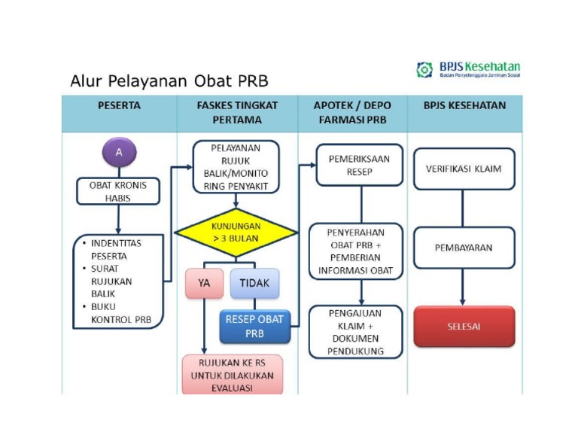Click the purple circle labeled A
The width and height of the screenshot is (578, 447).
tap(118, 153)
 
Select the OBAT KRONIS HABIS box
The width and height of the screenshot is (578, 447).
tap(118, 191)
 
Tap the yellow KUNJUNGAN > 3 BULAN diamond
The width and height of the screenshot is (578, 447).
tap(236, 232)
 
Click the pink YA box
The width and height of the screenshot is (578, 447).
tap(204, 284)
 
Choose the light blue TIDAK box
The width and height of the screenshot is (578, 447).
tap(254, 284)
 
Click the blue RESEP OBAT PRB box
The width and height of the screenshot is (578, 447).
tap(254, 326)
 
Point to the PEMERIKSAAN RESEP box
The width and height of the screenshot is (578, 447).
tap(359, 165)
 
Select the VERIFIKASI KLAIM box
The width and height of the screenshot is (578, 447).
tap(464, 169)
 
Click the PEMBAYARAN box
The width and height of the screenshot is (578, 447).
tap(464, 248)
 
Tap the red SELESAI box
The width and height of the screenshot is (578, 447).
tap(464, 327)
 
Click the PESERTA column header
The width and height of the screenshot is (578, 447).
tap(119, 106)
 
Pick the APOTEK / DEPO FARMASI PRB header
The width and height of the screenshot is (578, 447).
tap(352, 113)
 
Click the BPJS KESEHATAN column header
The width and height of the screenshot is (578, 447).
tap(464, 106)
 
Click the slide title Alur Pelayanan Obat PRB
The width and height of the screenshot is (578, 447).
tap(169, 81)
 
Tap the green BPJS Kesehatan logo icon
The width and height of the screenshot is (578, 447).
tap(424, 70)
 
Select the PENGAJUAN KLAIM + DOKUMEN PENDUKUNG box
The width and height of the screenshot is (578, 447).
tap(356, 332)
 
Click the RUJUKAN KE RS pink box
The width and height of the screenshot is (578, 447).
tap(232, 375)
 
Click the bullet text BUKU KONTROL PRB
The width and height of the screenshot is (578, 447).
tap(120, 313)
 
